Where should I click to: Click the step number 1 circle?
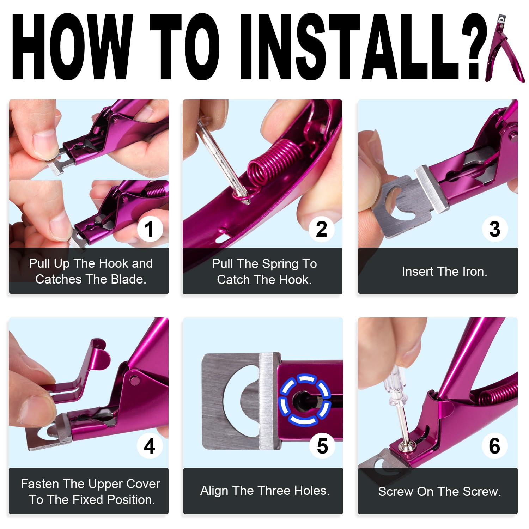click(150, 229)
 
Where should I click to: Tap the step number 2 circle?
click(321, 229)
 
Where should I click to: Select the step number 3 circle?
click(495, 229)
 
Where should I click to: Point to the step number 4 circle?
click(150, 446)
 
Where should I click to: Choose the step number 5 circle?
click(322, 446)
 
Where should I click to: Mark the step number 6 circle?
click(494, 446)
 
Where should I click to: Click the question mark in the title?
click(474, 46)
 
